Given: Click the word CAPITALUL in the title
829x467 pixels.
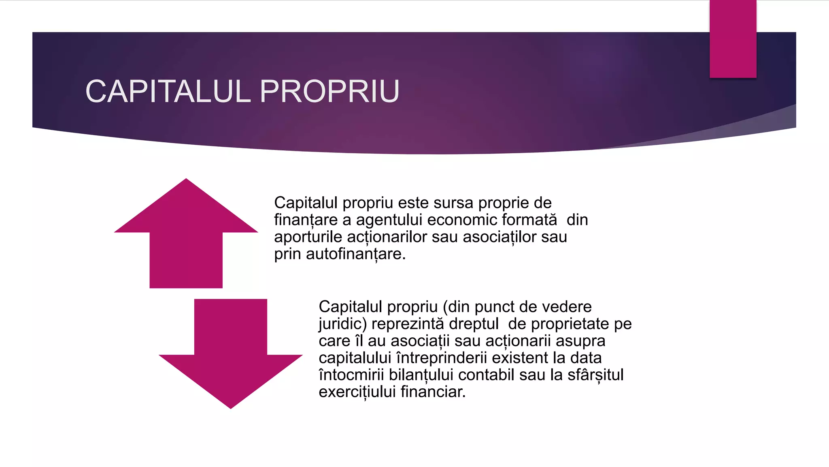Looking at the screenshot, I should click(168, 92).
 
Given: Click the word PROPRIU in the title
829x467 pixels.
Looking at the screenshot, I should click(329, 92).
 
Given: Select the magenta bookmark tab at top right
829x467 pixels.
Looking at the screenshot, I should click(733, 39).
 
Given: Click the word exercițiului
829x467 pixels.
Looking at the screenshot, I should click(357, 392).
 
